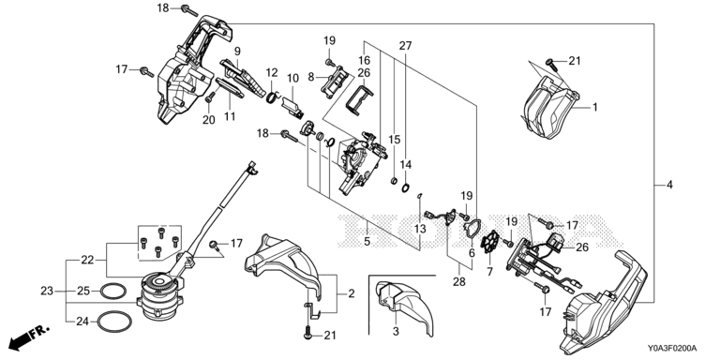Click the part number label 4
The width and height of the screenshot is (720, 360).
click(669, 185)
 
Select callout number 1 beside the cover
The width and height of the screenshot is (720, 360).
click(594, 108)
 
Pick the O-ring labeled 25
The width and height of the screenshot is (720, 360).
click(112, 291)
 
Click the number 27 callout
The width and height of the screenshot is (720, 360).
click(405, 45)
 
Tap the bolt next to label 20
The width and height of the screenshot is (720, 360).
click(211, 97)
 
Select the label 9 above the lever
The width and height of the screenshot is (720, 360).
click(237, 51)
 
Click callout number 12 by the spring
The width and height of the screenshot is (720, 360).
click(272, 72)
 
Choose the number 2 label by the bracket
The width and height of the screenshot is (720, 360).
click(352, 293)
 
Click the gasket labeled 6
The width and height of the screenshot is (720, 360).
click(472, 231)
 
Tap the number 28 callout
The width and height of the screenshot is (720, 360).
click(459, 281)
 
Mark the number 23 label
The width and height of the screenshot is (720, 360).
click(47, 291)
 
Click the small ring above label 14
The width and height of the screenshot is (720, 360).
click(406, 187)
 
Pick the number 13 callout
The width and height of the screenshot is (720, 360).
click(420, 229)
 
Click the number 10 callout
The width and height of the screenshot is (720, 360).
click(292, 79)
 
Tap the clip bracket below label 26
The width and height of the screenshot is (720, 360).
click(359, 100)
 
